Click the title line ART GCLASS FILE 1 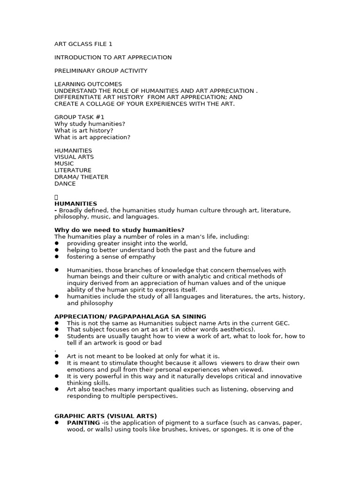[x=83, y=45]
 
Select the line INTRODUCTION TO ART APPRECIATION [x=113, y=58]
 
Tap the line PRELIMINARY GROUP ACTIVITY [x=101, y=71]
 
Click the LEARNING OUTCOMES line [x=82, y=84]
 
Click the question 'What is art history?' [x=84, y=131]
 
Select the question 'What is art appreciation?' [x=92, y=137]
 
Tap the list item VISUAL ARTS [x=74, y=157]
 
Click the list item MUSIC [x=64, y=164]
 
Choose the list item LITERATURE [x=73, y=170]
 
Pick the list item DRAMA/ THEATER [x=81, y=177]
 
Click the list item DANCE [x=65, y=184]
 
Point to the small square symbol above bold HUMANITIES [x=56, y=197]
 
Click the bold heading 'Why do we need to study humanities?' [x=119, y=230]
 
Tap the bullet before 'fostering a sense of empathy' [x=57, y=257]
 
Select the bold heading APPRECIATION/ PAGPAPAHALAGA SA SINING [x=130, y=317]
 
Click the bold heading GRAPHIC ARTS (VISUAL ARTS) [x=105, y=416]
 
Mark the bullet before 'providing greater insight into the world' [x=57, y=243]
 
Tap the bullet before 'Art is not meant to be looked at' [x=57, y=356]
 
